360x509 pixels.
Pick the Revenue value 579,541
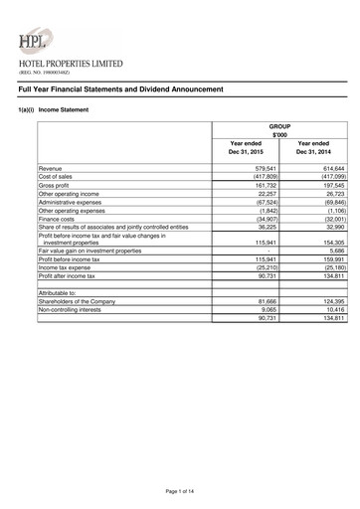coord(261,170)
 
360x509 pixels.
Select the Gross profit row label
coord(55,185)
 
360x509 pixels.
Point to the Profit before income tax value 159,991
coord(329,259)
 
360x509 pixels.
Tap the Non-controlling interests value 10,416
coord(331,309)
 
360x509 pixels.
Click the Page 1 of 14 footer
coord(180,493)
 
